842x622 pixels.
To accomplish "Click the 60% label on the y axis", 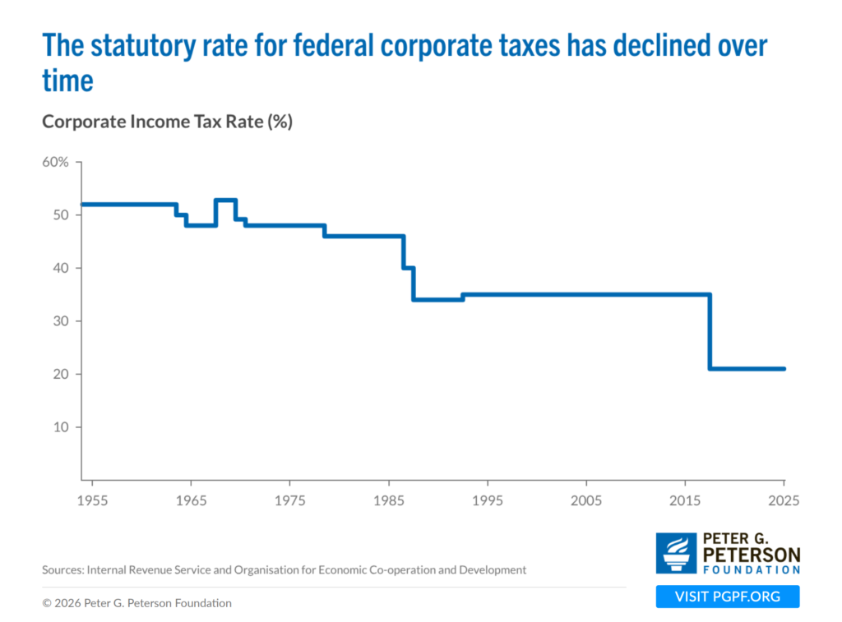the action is (x=55, y=162).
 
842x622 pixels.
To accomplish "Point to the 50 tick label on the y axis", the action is (x=61, y=215).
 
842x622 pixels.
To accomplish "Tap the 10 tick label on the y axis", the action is (x=61, y=427).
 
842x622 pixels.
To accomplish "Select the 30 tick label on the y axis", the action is (x=61, y=321).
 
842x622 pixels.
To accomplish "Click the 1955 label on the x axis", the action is (x=92, y=500).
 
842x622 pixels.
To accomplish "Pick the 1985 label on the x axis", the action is (x=389, y=500).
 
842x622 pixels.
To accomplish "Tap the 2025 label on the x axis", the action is (x=784, y=500).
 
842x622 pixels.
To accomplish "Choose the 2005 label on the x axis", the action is (x=585, y=500).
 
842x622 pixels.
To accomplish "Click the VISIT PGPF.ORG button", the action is (x=728, y=597).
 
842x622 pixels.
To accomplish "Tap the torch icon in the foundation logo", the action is (x=676, y=553).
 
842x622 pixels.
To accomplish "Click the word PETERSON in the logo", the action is (x=752, y=555).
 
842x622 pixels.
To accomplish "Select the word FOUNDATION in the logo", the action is (x=752, y=569).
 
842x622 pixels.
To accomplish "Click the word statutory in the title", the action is (x=143, y=46).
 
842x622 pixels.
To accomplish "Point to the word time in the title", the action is (x=67, y=81).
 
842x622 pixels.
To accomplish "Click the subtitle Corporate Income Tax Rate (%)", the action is (x=168, y=122).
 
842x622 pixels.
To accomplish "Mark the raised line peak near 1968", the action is (x=226, y=200).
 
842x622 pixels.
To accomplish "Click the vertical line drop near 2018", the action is (x=710, y=332).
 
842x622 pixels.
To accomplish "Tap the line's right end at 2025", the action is (x=784, y=369).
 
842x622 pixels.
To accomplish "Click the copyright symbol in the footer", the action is (x=47, y=603).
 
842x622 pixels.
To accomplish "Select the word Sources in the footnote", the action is (x=62, y=570).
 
